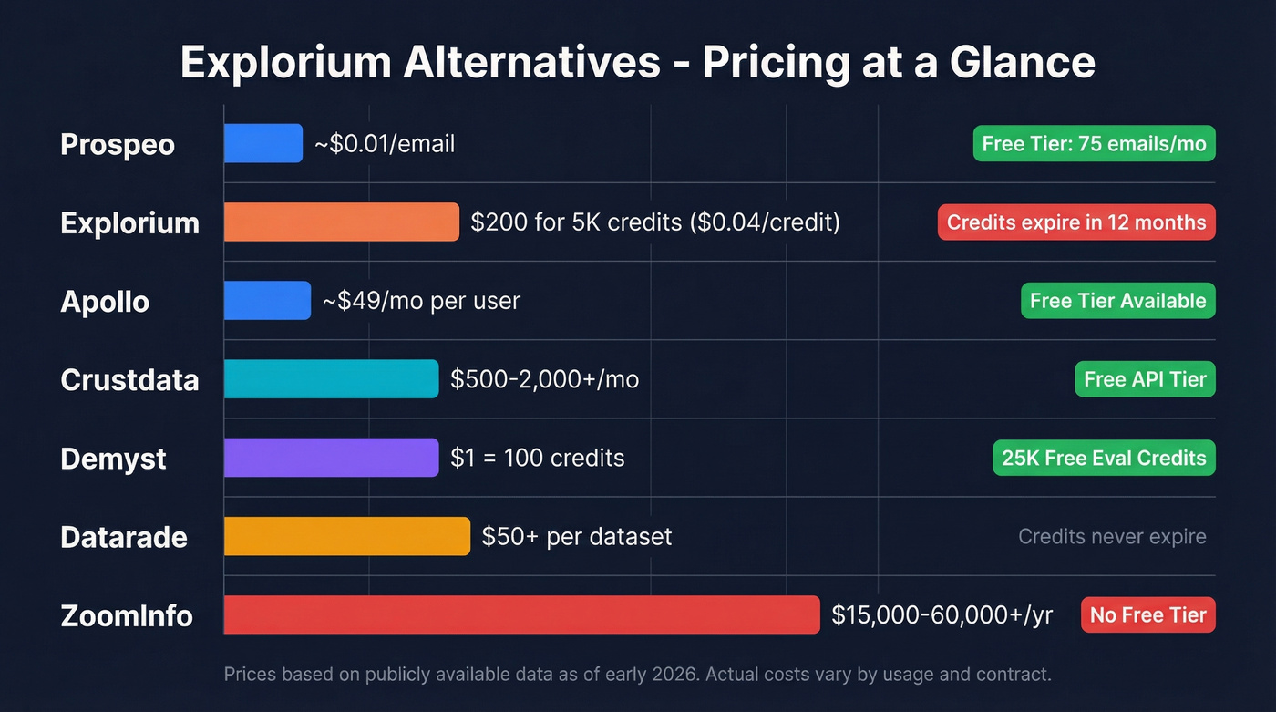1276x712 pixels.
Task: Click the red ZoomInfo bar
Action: [x=521, y=614]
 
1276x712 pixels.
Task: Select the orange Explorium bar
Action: [x=341, y=222]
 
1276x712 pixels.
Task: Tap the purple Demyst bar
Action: [x=331, y=458]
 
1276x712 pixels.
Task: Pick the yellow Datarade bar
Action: [x=346, y=536]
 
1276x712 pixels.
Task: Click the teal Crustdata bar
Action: [x=331, y=379]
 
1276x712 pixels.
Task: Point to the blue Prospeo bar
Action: [x=263, y=143]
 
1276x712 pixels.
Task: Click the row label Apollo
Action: [x=105, y=302]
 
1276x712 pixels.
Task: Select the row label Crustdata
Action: [x=129, y=380]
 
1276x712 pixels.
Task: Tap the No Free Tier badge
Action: [x=1147, y=614]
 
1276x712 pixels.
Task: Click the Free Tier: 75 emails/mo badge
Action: [x=1094, y=143]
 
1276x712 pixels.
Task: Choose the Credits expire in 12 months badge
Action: [x=1075, y=222]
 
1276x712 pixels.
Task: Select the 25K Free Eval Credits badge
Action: [x=1103, y=458]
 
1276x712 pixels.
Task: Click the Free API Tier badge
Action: [x=1145, y=379]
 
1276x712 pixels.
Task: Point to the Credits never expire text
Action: [x=1112, y=536]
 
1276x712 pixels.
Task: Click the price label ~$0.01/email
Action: [x=385, y=143]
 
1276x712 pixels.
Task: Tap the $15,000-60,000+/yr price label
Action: [x=942, y=614]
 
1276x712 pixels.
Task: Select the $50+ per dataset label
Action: [x=576, y=536]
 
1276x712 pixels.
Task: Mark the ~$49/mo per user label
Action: [x=421, y=301]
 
